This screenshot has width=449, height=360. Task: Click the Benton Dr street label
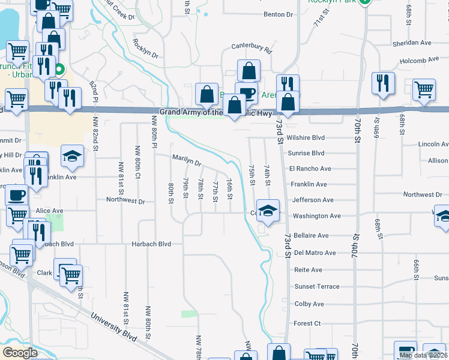278,14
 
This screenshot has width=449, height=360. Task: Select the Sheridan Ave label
412,43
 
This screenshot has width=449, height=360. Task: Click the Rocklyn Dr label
145,48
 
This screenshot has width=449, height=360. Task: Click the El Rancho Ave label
310,169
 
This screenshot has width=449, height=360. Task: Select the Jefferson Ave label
312,200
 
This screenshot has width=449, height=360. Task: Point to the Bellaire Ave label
311,236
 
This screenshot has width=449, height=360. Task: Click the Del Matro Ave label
315,253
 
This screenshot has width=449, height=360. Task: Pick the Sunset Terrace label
316,287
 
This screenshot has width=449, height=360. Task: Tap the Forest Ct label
307,323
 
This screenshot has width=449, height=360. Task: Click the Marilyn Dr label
187,160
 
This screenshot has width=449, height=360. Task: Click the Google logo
20,353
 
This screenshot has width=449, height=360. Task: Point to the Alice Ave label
49,211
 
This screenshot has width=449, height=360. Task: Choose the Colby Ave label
309,304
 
